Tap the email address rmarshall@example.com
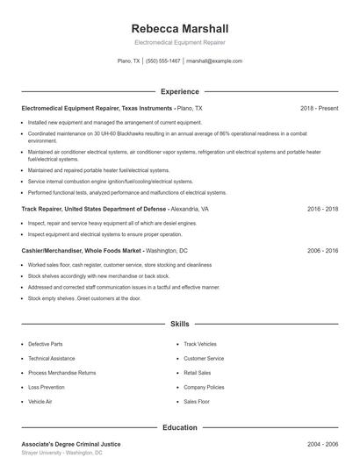click(x=214, y=61)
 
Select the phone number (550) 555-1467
click(x=163, y=61)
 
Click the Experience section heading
click(x=180, y=91)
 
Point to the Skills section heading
click(x=180, y=324)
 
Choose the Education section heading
click(x=180, y=427)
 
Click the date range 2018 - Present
click(x=319, y=108)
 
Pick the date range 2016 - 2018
click(x=323, y=210)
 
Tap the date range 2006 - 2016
click(x=323, y=250)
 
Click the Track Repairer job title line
click(x=115, y=210)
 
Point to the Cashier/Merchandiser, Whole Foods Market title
click(x=104, y=250)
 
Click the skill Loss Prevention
click(x=47, y=387)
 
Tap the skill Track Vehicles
click(x=200, y=344)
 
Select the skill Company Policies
click(x=204, y=387)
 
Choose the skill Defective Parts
click(x=46, y=344)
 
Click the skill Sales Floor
click(x=197, y=401)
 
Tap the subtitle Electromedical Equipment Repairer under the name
click(x=179, y=42)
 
